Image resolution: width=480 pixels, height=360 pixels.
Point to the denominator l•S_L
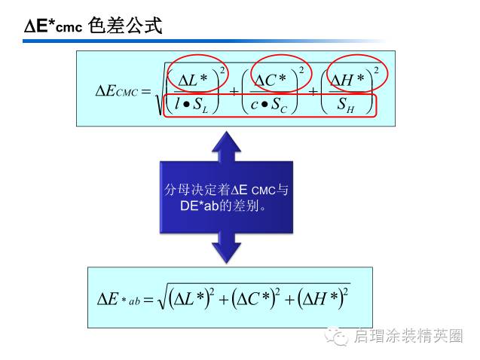[x=191, y=106]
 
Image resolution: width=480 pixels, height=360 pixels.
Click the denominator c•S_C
[x=269, y=106]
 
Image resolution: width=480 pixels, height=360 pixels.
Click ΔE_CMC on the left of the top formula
[x=116, y=92]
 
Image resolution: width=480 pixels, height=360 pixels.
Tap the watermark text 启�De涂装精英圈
[x=408, y=337]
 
